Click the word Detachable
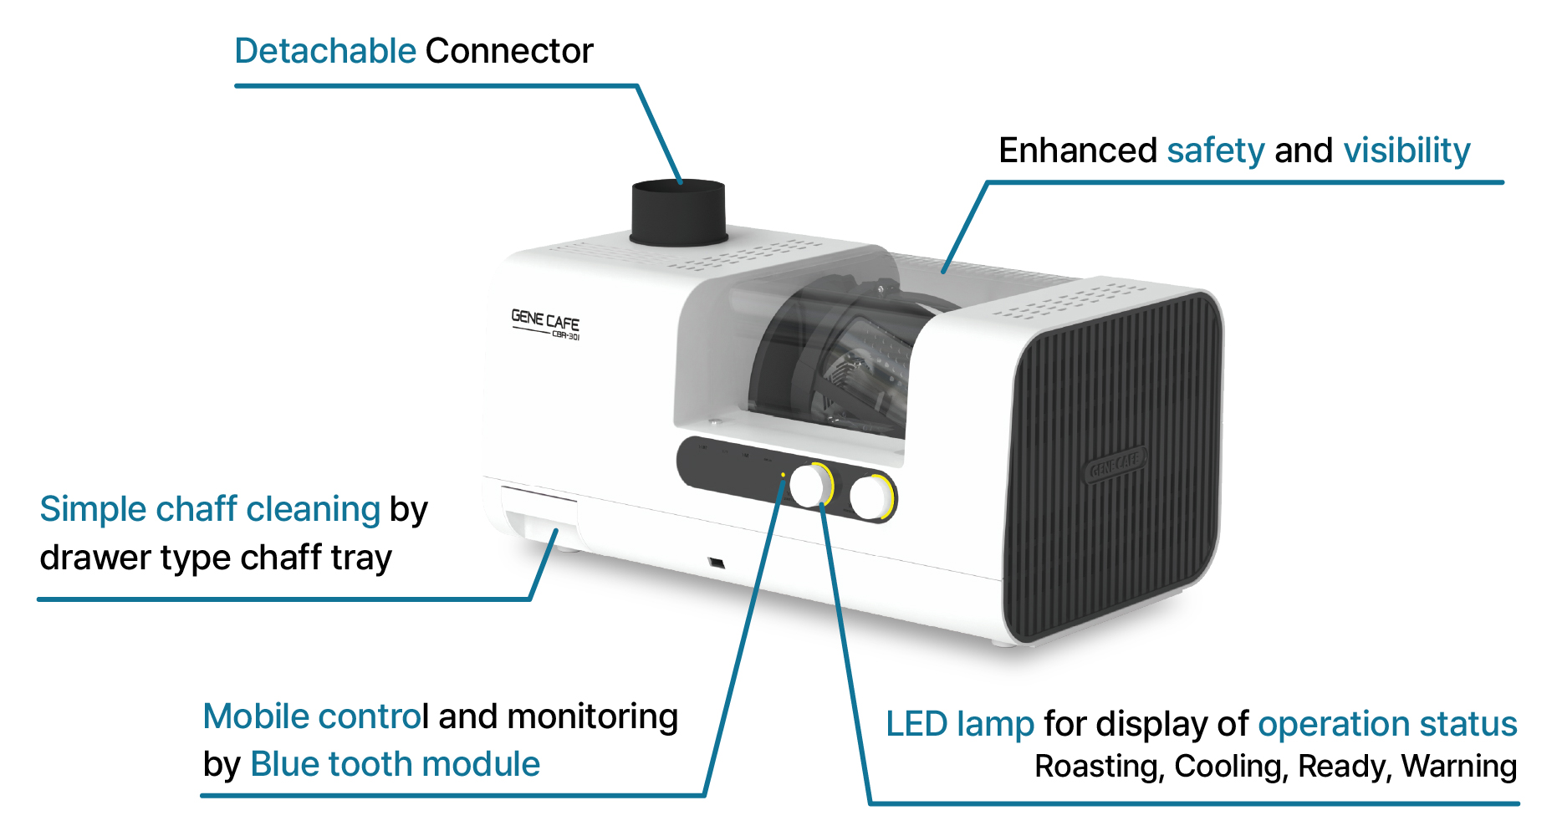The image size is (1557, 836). pos(325,51)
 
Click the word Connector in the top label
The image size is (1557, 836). pos(509,51)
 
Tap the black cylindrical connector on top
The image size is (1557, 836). pos(678,212)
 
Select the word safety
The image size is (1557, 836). pos(1216,151)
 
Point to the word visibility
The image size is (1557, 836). pos(1406,151)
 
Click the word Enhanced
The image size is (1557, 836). pos(1078,151)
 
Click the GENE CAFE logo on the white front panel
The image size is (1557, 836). pos(545,324)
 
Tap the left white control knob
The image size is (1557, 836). pos(809,485)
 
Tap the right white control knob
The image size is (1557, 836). pos(870,497)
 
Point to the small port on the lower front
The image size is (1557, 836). pos(716,562)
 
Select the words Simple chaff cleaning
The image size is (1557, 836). pos(210,509)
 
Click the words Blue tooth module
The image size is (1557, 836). pos(396,764)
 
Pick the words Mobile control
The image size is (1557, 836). pos(315,716)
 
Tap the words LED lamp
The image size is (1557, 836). pos(960,725)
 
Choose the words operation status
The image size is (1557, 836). pos(1387,725)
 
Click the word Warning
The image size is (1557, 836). pos(1458,767)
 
